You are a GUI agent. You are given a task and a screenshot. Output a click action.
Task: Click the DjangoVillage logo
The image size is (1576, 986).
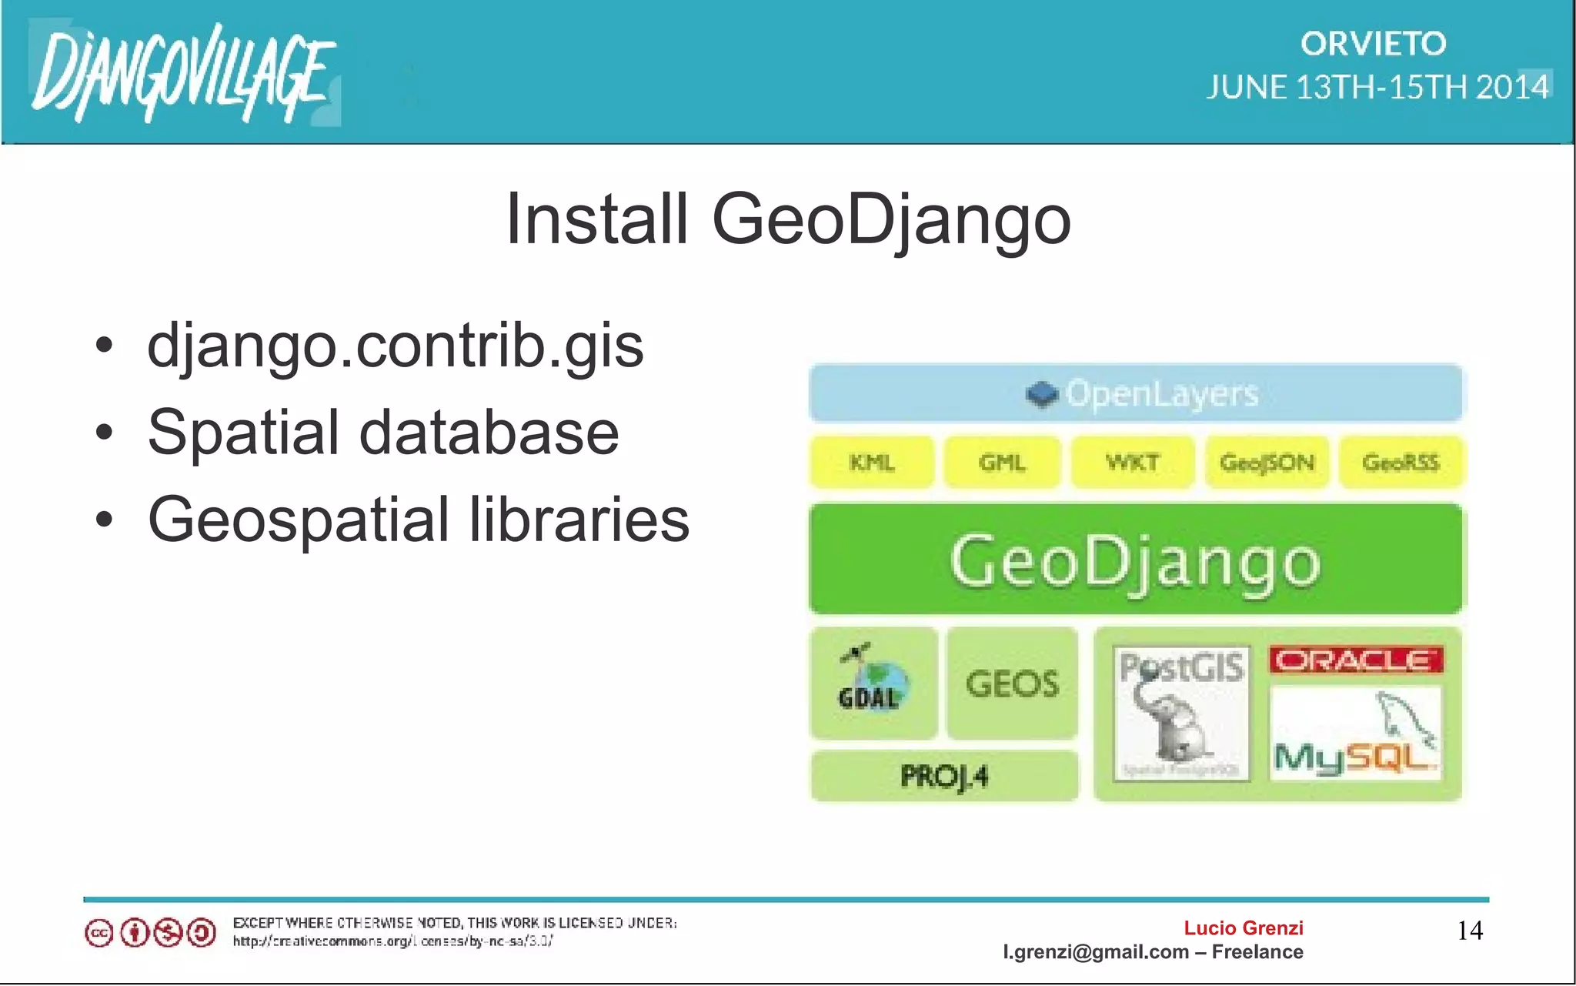(x=183, y=74)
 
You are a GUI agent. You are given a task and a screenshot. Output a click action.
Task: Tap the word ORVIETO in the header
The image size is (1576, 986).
(x=1373, y=44)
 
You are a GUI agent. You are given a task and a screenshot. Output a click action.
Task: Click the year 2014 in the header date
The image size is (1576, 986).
(x=1511, y=87)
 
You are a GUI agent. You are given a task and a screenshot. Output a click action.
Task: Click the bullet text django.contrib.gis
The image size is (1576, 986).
(x=395, y=346)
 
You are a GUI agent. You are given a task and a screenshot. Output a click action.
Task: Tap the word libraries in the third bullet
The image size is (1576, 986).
(x=579, y=520)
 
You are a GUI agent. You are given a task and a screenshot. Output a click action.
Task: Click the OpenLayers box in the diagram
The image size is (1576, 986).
(x=1136, y=393)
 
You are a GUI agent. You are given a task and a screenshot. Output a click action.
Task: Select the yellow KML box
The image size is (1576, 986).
(x=872, y=463)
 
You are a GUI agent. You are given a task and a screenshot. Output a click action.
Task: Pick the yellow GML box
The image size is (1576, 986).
(x=1002, y=463)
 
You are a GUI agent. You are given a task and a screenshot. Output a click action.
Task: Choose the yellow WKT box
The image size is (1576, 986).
(x=1132, y=463)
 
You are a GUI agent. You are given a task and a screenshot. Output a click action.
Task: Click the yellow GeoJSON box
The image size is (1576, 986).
(x=1267, y=463)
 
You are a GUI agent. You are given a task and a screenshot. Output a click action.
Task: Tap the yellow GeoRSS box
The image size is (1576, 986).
(x=1401, y=463)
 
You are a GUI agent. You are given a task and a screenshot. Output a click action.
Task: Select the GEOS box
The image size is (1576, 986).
(x=1012, y=684)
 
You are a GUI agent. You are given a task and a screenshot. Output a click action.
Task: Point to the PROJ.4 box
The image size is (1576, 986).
(x=944, y=777)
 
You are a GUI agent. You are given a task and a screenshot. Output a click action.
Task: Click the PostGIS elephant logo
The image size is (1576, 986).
(x=1181, y=712)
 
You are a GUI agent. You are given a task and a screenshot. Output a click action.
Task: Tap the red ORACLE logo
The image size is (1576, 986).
(x=1356, y=660)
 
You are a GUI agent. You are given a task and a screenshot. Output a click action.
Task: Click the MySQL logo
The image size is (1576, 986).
(x=1355, y=735)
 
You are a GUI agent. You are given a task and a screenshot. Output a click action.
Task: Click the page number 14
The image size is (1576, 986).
(x=1470, y=931)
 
